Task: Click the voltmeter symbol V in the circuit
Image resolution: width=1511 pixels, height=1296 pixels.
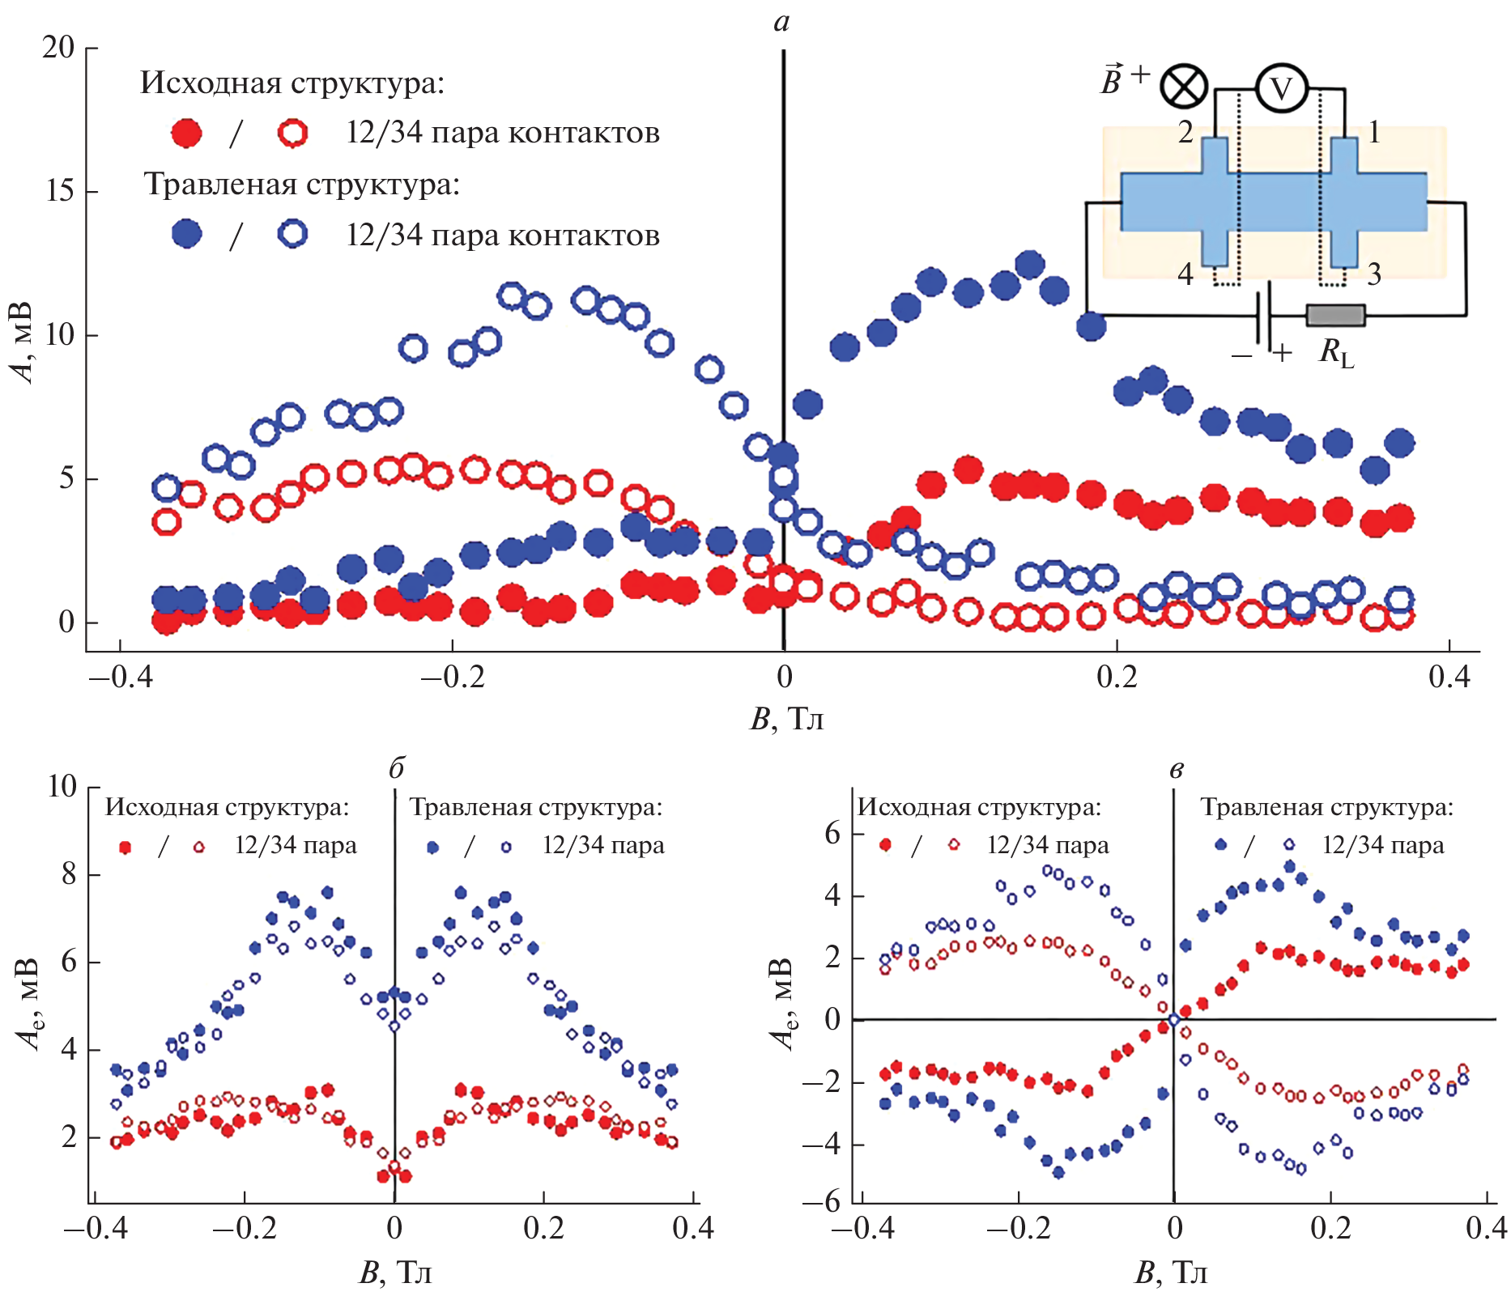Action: click(x=1281, y=88)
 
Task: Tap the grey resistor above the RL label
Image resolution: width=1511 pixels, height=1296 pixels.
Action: click(x=1335, y=315)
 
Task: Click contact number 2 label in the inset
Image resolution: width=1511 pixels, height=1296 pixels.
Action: click(x=1185, y=133)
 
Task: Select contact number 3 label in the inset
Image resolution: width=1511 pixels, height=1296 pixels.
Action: click(x=1374, y=274)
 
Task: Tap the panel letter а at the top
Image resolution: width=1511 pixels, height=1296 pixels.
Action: click(x=781, y=23)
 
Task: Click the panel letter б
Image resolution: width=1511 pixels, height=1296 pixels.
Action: click(x=396, y=768)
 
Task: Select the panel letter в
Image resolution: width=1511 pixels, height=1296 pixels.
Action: click(x=1176, y=770)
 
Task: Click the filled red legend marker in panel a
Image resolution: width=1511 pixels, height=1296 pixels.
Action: click(x=187, y=133)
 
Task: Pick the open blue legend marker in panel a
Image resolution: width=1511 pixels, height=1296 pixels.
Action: click(x=292, y=234)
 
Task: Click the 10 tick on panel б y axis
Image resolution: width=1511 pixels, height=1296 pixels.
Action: click(x=62, y=786)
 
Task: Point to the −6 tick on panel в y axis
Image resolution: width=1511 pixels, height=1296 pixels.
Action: click(x=823, y=1201)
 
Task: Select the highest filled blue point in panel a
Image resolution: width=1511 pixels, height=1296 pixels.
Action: click(x=1029, y=264)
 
